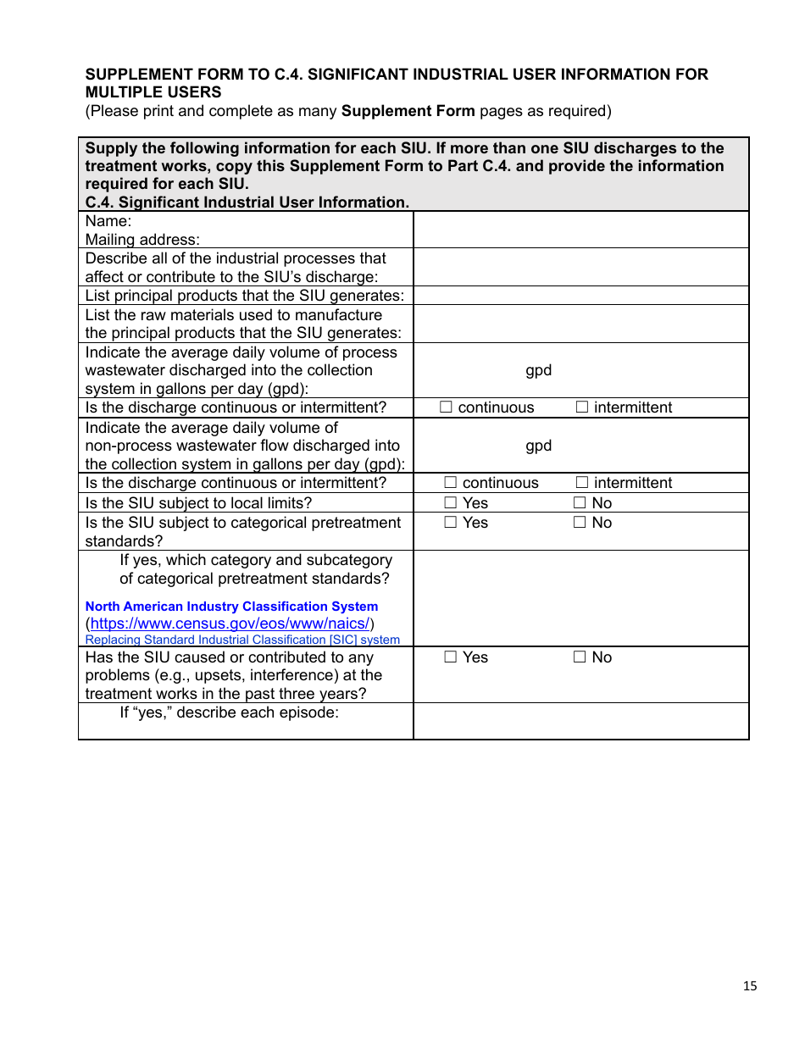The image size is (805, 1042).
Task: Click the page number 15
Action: pyautogui.click(x=750, y=985)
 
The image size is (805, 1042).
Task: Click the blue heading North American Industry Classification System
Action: pyautogui.click(x=231, y=607)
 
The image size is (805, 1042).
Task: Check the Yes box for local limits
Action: pyautogui.click(x=451, y=503)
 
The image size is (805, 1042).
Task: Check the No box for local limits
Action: pyautogui.click(x=580, y=503)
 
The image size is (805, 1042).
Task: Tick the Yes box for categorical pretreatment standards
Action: pyautogui.click(x=451, y=523)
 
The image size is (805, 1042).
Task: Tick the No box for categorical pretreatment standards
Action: pyautogui.click(x=580, y=523)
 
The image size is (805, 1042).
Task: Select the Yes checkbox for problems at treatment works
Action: pyautogui.click(x=451, y=657)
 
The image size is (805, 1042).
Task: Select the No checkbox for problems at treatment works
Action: pyautogui.click(x=580, y=657)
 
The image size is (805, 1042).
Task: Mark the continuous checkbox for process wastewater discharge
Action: pyautogui.click(x=447, y=407)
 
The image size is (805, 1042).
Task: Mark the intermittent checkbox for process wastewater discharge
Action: pyautogui.click(x=582, y=407)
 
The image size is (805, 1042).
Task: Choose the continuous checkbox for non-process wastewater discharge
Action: pyautogui.click(x=451, y=483)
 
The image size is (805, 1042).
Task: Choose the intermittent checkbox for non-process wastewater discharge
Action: pyautogui.click(x=582, y=483)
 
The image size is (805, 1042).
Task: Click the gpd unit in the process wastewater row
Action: pyautogui.click(x=538, y=370)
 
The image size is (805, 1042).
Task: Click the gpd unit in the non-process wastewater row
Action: pyautogui.click(x=538, y=446)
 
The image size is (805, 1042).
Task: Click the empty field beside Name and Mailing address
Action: pyautogui.click(x=580, y=230)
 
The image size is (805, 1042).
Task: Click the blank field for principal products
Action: pyautogui.click(x=580, y=296)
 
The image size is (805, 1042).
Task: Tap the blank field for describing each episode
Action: pyautogui.click(x=580, y=721)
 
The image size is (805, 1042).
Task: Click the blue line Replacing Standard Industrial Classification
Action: pyautogui.click(x=242, y=640)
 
